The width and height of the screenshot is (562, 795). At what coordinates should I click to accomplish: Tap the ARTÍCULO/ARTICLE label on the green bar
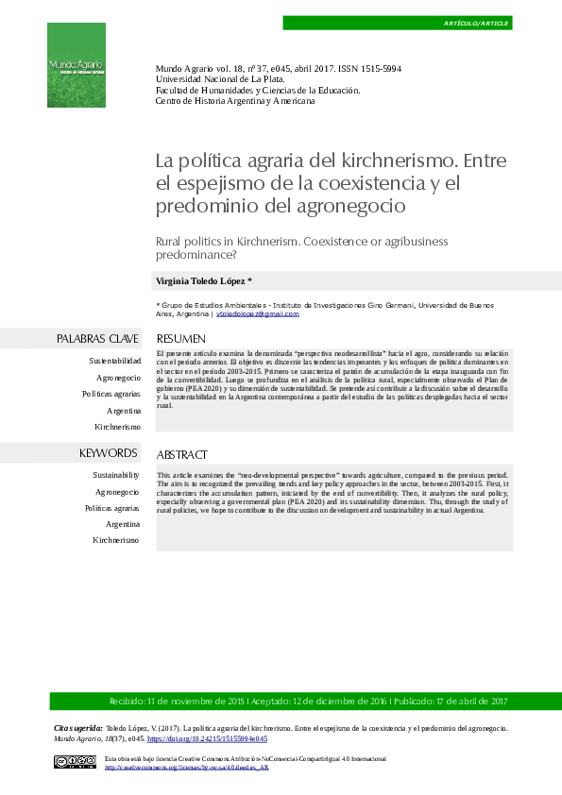click(x=476, y=22)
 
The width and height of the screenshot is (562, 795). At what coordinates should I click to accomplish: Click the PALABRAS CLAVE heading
click(x=97, y=338)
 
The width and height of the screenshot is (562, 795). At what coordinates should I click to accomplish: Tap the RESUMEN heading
click(x=180, y=338)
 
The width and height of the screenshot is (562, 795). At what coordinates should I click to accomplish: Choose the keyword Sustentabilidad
click(x=114, y=361)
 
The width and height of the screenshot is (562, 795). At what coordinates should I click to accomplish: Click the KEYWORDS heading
click(x=109, y=453)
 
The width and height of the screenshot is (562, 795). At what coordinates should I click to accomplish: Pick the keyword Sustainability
click(x=115, y=475)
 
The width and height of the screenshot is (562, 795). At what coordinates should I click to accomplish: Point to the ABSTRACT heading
click(x=181, y=454)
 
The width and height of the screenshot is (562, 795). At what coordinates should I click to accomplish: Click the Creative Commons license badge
click(x=75, y=763)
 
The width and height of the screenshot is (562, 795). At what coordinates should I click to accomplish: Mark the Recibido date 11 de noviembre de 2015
click(x=176, y=702)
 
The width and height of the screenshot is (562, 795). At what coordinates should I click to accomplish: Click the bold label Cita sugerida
click(x=77, y=729)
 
